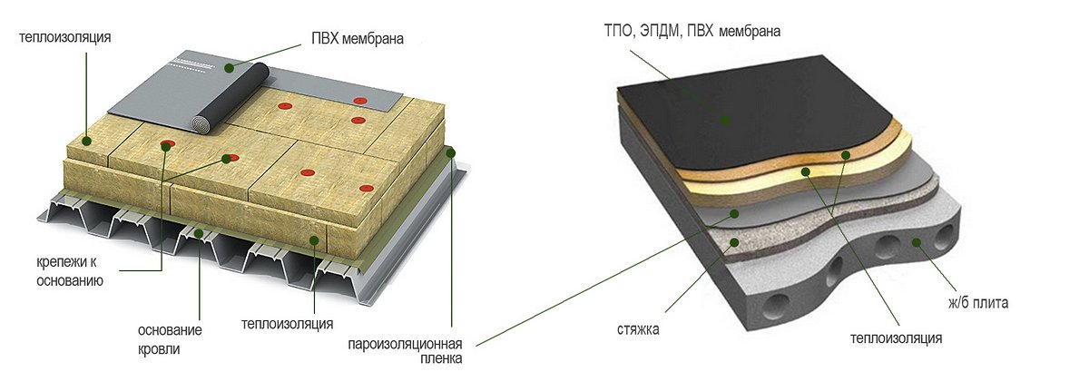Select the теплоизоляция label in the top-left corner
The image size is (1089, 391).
click(x=64, y=37)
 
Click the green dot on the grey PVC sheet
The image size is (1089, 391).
click(x=231, y=67)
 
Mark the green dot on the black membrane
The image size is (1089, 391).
click(x=724, y=119)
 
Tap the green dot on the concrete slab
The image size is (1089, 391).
click(x=917, y=242)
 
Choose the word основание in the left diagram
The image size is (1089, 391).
click(x=170, y=330)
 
